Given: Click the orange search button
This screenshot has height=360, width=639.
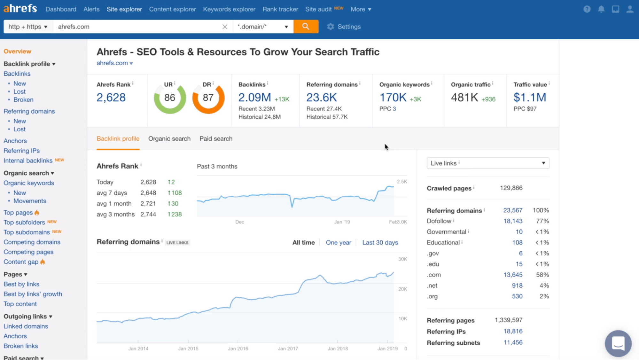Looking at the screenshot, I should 306,27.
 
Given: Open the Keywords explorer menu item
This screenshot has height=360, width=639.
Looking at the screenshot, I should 229,9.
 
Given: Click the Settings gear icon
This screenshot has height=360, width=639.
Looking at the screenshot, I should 331,27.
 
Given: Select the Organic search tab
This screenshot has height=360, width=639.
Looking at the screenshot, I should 169,139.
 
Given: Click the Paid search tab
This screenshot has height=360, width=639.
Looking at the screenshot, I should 216,139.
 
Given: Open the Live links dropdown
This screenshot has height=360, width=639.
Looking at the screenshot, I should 487,163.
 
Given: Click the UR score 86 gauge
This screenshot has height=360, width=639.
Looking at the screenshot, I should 170,98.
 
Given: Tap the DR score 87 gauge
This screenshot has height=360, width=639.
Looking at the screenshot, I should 208,98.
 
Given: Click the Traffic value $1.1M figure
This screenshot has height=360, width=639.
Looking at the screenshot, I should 529,98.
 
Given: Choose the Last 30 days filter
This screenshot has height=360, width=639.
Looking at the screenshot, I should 380,243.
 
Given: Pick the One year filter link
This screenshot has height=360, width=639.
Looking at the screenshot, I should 338,243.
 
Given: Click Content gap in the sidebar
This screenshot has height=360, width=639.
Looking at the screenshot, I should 21,262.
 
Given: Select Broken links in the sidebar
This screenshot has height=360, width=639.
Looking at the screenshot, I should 21,346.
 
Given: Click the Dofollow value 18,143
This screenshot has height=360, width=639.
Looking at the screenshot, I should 513,221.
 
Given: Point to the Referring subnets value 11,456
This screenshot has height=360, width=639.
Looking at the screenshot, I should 513,342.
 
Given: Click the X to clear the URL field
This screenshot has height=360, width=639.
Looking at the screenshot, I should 225,27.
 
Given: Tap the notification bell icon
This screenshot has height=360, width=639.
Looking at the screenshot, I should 601,9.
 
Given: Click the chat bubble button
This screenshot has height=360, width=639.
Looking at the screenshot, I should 618,343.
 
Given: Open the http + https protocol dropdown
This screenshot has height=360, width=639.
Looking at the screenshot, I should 28,27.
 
